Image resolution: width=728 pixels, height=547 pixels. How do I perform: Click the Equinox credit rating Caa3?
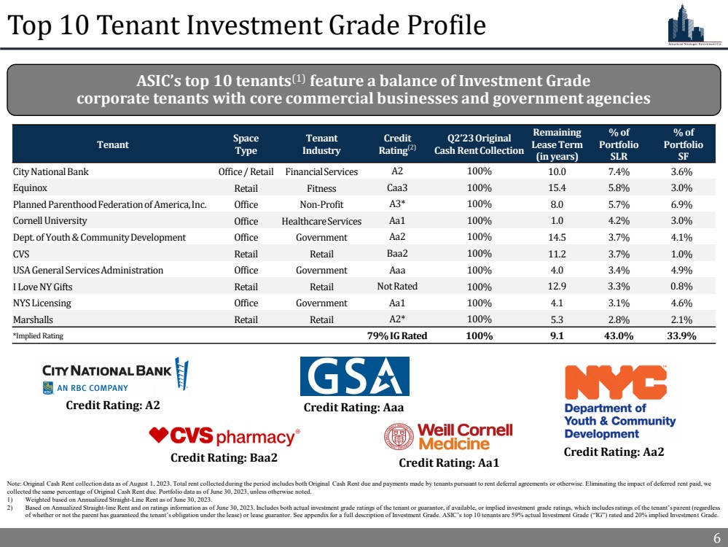tap(397, 188)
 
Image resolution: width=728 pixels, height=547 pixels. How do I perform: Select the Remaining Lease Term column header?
tap(557, 144)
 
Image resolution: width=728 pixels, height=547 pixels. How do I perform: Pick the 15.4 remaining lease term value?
tap(557, 188)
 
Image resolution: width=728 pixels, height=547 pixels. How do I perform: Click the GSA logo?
tap(354, 376)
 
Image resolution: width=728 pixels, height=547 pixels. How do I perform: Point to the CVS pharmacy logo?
tap(224, 437)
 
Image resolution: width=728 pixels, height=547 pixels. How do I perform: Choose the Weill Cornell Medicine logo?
tap(448, 436)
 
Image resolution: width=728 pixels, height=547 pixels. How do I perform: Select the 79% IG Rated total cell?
tap(397, 336)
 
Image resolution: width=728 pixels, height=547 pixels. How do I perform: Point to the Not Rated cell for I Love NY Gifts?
tap(397, 286)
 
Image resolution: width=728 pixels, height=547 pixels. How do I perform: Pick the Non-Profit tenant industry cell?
tap(321, 205)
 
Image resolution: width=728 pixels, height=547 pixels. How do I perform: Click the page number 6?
tap(716, 538)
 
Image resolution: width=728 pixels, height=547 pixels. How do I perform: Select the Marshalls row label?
tap(34, 319)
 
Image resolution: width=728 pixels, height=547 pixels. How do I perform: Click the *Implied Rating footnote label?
tap(38, 336)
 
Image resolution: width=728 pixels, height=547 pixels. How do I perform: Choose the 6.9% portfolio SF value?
tap(683, 205)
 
